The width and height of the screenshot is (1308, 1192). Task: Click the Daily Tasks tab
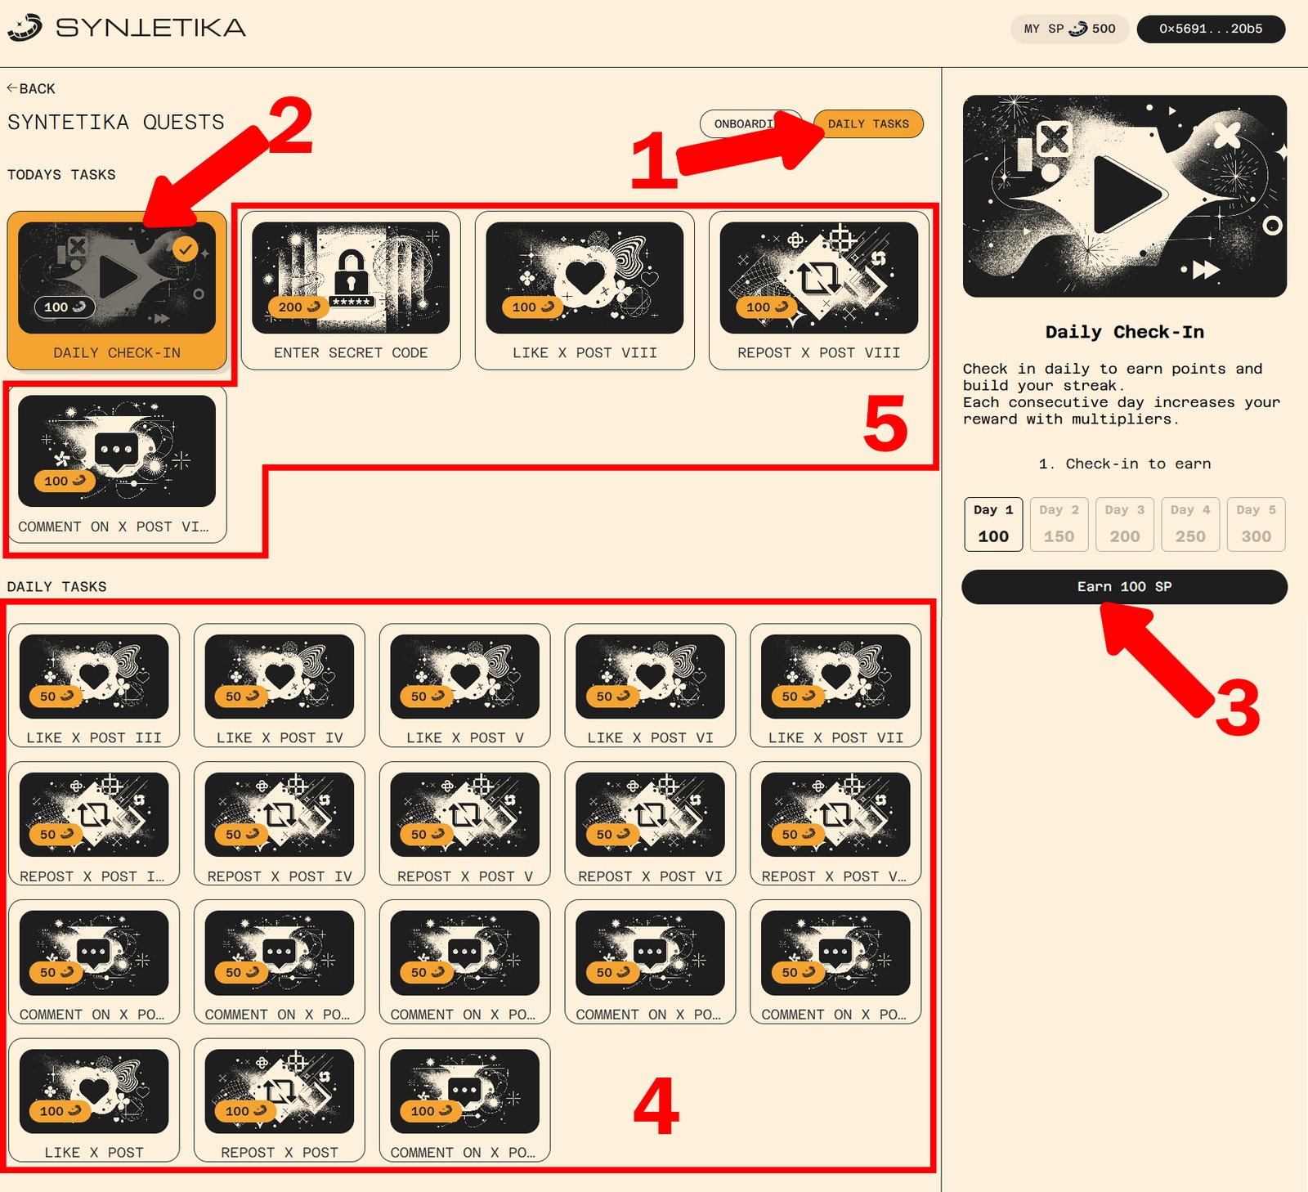point(868,124)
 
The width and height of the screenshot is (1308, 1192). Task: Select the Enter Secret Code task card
point(351,290)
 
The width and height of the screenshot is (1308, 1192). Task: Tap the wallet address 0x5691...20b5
point(1211,29)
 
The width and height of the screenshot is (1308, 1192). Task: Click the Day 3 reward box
point(1125,524)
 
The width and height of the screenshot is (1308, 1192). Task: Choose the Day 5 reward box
point(1256,524)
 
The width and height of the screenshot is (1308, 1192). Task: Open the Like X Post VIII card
point(585,290)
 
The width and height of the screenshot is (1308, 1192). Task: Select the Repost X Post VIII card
point(819,290)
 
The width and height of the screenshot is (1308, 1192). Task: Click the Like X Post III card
point(94,686)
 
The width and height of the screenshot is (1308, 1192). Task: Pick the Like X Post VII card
point(835,686)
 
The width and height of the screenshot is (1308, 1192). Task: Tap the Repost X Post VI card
point(650,824)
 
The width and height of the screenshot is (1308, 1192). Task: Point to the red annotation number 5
point(885,423)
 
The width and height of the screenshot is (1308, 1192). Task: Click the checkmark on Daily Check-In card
point(186,249)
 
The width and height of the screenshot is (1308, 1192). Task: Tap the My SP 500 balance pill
point(1070,29)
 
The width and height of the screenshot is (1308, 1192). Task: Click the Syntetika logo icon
point(25,28)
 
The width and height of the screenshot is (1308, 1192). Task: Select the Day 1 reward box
point(993,524)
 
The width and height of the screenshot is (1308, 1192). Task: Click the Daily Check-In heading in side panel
point(1124,332)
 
